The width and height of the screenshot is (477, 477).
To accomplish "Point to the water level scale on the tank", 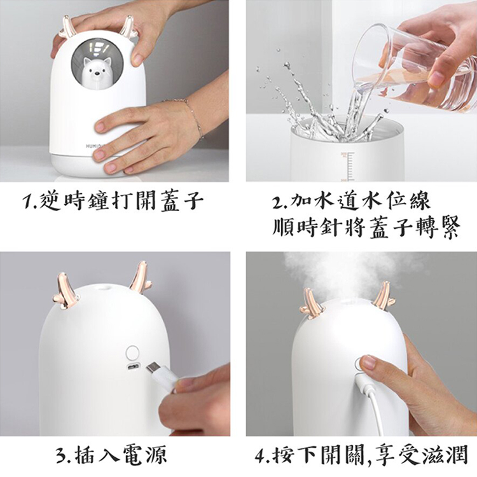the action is (348, 167).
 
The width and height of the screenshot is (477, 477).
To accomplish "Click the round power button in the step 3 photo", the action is (133, 353).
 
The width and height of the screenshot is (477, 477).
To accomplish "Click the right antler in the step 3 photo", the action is (141, 277).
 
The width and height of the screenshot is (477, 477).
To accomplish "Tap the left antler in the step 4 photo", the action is (311, 303).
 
